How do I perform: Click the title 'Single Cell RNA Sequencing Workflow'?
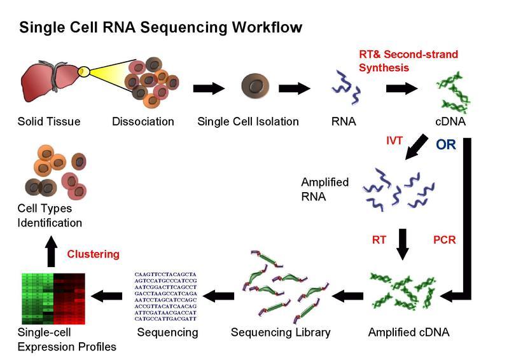pos(160,28)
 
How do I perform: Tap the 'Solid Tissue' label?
pos(49,121)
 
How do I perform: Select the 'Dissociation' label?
pos(143,121)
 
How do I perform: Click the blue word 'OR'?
pos(445,144)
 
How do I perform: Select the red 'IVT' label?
pos(394,141)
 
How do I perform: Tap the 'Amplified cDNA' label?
pos(408,332)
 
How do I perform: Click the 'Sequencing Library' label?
pos(281,332)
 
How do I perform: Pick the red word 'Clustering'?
pos(93,254)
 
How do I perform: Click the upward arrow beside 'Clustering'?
pos(51,253)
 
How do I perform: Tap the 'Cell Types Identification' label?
pos(50,216)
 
